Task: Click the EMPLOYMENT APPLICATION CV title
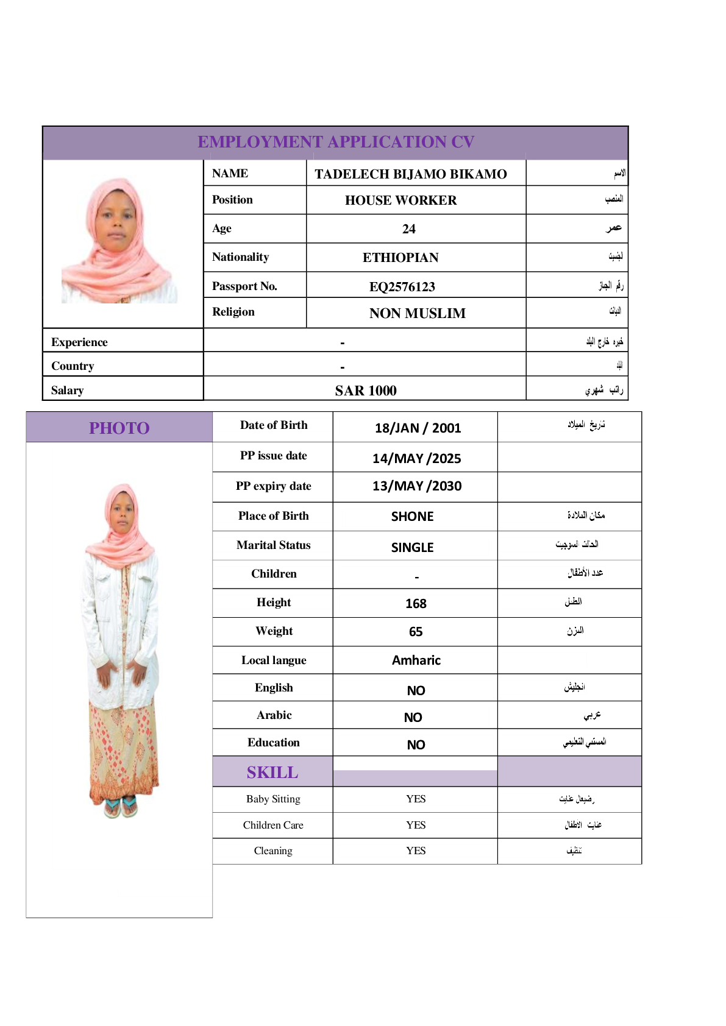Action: [336, 142]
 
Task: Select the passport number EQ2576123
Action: [402, 287]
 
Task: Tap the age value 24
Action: [408, 229]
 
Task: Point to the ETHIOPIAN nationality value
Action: [400, 258]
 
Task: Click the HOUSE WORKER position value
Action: [400, 200]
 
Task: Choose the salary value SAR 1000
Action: [366, 391]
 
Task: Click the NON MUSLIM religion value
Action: [417, 314]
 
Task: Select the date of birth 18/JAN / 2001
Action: [418, 428]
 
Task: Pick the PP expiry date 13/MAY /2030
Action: [417, 486]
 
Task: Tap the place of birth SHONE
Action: [412, 517]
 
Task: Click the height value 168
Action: [416, 604]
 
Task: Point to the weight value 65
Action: [416, 632]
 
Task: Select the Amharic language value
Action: [416, 660]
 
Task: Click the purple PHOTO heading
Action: [119, 428]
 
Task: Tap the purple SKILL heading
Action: [272, 773]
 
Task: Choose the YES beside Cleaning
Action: [416, 851]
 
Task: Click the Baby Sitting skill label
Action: [273, 799]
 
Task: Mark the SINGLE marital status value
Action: [412, 548]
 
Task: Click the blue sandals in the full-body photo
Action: [121, 807]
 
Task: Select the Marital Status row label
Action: [273, 545]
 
